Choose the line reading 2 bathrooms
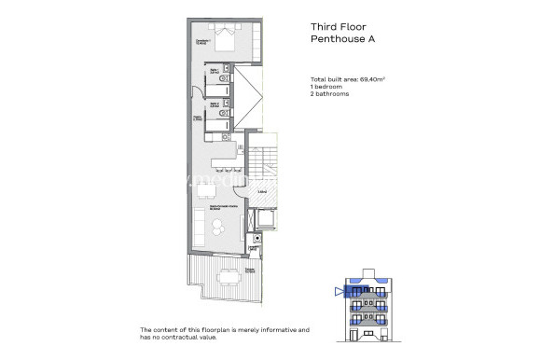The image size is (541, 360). click(x=332, y=95)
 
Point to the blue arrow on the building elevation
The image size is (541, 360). click(x=338, y=291)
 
